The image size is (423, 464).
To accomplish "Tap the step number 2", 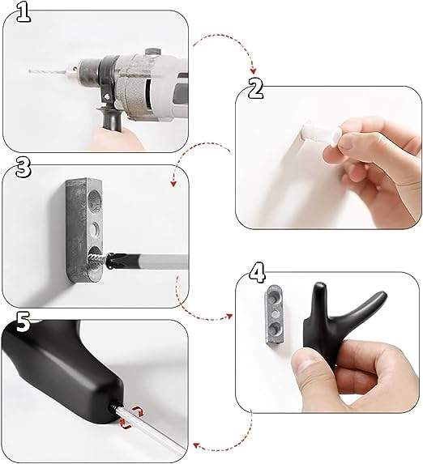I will [x=256, y=88].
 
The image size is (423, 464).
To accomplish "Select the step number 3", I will [x=23, y=168].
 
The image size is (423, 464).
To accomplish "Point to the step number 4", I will [x=258, y=270].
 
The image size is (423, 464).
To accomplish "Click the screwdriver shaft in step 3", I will [x=154, y=262].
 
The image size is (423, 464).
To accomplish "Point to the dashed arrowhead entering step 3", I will [x=174, y=183].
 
